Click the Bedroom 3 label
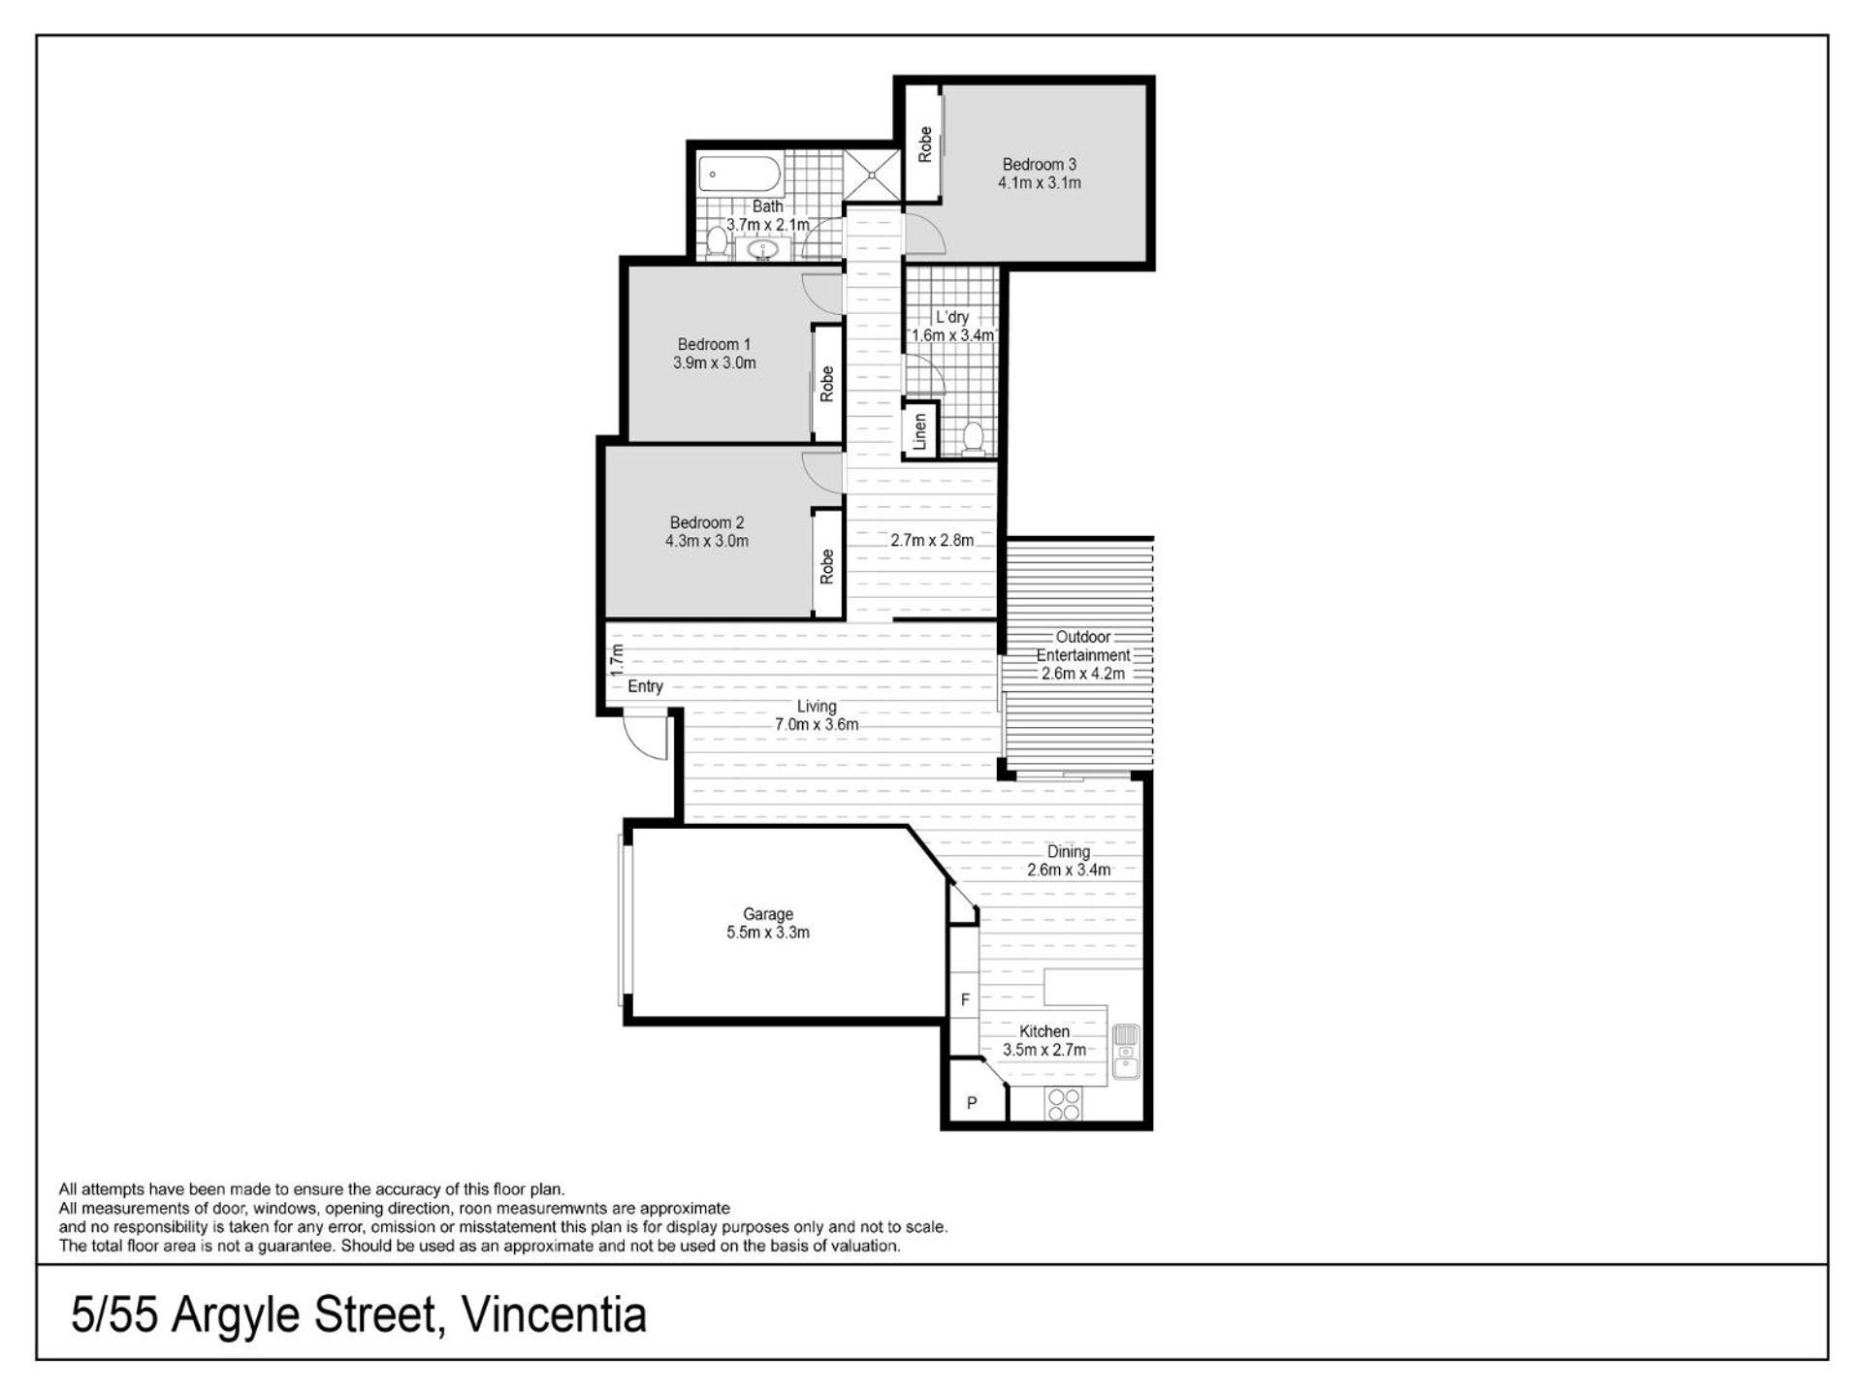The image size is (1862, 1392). pyautogui.click(x=1039, y=165)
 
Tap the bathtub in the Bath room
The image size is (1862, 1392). pyautogui.click(x=739, y=175)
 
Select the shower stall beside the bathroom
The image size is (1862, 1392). pyautogui.click(x=872, y=174)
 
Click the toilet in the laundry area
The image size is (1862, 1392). pyautogui.click(x=974, y=438)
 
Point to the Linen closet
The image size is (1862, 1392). pyautogui.click(x=920, y=430)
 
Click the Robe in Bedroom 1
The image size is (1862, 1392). pyautogui.click(x=826, y=384)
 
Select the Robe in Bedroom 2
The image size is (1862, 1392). pyautogui.click(x=826, y=565)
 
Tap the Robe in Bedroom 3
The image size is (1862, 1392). pyautogui.click(x=923, y=144)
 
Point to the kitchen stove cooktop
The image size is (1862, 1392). pyautogui.click(x=1064, y=1104)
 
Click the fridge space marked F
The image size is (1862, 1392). pyautogui.click(x=964, y=999)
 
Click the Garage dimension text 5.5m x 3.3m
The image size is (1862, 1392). pyautogui.click(x=768, y=933)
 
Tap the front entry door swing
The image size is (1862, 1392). pyautogui.click(x=646, y=736)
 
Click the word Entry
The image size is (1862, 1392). pyautogui.click(x=645, y=686)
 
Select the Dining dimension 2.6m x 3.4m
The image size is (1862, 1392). pyautogui.click(x=1069, y=870)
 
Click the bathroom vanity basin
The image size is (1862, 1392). pyautogui.click(x=763, y=249)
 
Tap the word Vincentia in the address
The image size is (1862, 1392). pyautogui.click(x=554, y=1315)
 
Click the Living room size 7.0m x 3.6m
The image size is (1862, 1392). pyautogui.click(x=817, y=724)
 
